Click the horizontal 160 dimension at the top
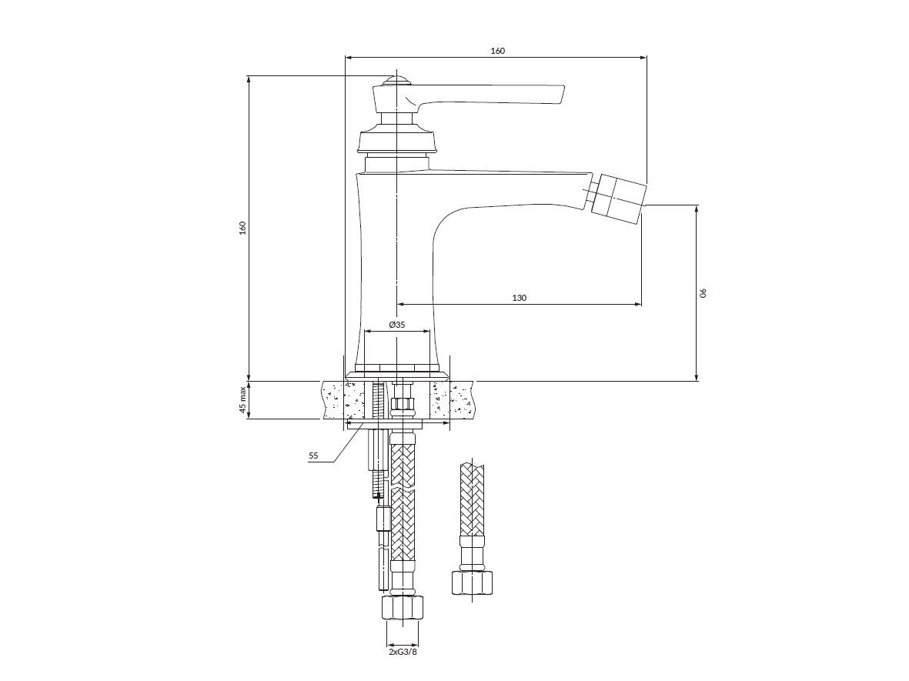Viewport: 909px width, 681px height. pos(497,51)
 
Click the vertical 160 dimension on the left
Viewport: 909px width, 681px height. pos(243,228)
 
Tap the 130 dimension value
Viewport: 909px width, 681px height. pos(520,298)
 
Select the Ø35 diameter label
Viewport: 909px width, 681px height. pos(397,325)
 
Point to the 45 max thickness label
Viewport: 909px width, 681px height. pos(243,400)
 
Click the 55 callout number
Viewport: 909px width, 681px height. pos(313,456)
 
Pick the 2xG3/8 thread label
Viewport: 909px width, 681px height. pos(403,652)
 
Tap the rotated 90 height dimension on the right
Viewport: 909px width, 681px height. pos(703,292)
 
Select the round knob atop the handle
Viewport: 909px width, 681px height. pos(397,80)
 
